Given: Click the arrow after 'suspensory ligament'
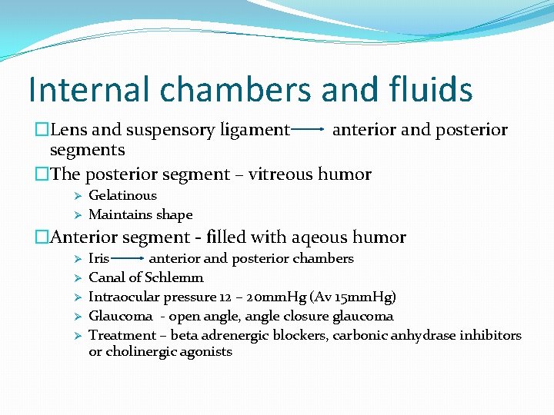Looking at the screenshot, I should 308,131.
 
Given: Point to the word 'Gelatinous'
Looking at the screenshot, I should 122,196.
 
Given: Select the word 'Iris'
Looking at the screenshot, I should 98,258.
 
